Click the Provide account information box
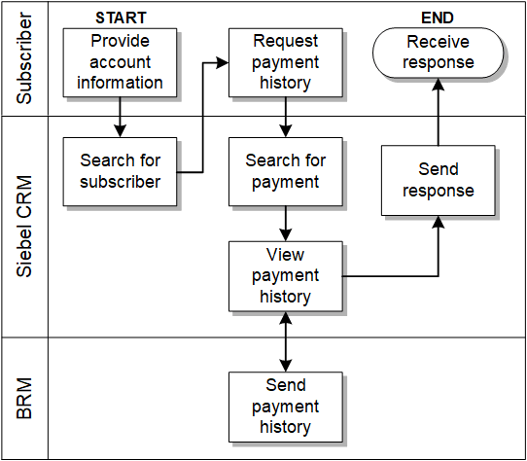tap(121, 62)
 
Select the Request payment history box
tap(285, 62)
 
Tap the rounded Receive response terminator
tap(439, 53)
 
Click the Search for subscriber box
tap(121, 171)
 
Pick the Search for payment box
tap(285, 171)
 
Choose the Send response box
tap(438, 180)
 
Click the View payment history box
tap(285, 276)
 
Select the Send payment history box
tap(285, 406)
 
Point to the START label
tap(120, 18)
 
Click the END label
tap(438, 18)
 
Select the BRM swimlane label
tap(24, 399)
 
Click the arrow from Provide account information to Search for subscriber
tap(121, 117)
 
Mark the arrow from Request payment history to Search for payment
tap(285, 117)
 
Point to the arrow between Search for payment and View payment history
tap(285, 224)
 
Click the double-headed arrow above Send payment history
tap(285, 340)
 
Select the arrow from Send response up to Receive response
tap(438, 112)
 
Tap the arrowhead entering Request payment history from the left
tap(223, 63)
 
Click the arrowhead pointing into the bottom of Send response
tap(438, 222)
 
